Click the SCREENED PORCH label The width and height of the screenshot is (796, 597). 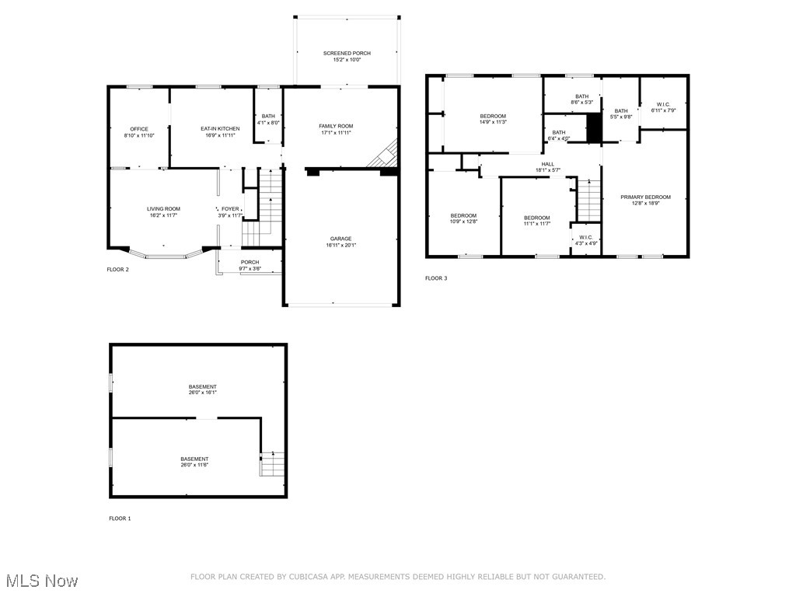(x=347, y=53)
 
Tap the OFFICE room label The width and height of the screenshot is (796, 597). (x=139, y=129)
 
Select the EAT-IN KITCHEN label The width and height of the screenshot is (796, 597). (x=220, y=128)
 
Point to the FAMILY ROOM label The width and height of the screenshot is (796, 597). (x=336, y=126)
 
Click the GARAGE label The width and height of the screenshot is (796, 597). (x=340, y=239)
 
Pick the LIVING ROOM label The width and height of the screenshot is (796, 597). (x=163, y=208)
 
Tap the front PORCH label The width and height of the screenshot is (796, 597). (x=250, y=262)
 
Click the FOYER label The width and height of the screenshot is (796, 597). (x=230, y=208)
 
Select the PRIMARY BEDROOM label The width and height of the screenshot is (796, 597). (x=645, y=197)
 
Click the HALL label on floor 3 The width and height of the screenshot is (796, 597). (x=548, y=164)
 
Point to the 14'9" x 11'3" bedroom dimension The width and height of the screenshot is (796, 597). (x=493, y=122)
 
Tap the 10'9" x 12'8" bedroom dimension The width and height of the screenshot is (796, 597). (x=463, y=222)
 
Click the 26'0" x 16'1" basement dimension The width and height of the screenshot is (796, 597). (x=202, y=393)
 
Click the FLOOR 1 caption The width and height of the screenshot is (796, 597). (x=120, y=518)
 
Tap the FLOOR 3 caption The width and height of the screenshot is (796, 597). (x=436, y=278)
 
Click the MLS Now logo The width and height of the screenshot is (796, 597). (x=41, y=581)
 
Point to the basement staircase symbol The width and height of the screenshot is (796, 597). (x=272, y=463)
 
